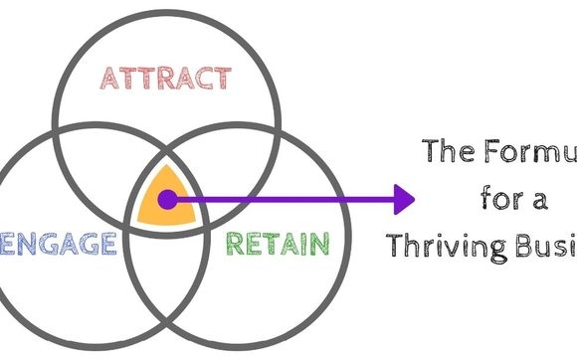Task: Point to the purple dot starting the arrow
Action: tap(167, 200)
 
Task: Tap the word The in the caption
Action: tap(449, 152)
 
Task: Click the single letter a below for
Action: tap(538, 198)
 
